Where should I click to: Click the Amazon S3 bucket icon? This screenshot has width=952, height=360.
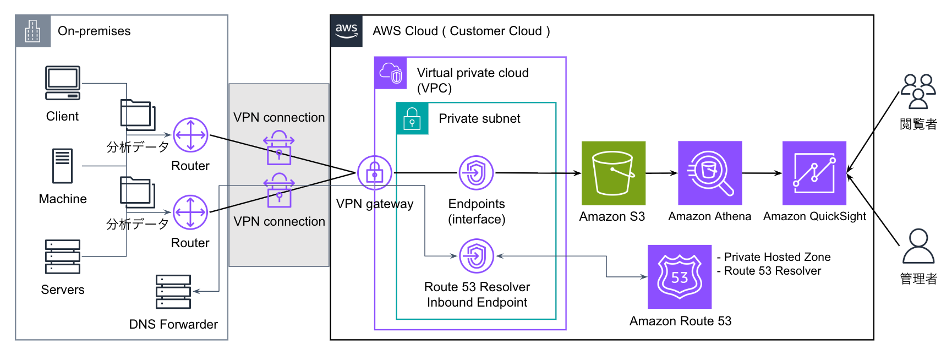point(613,173)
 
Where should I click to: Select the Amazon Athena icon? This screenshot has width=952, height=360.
point(710,173)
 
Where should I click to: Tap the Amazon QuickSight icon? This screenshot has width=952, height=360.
point(814,173)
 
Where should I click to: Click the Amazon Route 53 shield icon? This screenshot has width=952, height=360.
point(680,276)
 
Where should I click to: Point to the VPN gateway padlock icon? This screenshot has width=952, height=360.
point(375,173)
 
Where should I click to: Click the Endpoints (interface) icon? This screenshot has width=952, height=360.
point(477,173)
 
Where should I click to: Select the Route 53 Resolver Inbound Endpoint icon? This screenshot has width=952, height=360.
point(477,255)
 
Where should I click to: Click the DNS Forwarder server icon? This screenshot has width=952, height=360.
point(173,292)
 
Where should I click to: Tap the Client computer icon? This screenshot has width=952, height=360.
point(63,83)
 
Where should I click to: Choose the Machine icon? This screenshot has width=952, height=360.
point(63,166)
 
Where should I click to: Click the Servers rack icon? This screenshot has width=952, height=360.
point(63,257)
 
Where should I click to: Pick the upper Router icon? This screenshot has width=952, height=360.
point(190,135)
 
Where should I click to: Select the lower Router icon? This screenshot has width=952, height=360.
point(190,212)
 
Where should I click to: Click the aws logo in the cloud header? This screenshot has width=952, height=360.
point(347,31)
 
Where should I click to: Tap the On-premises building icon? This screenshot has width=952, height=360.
point(33,31)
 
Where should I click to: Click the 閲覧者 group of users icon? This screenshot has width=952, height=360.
point(918,91)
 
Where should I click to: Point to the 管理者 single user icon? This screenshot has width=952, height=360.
point(918,247)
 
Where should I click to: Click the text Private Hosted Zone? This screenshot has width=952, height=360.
point(776,257)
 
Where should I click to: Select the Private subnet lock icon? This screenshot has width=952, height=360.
point(412,118)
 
